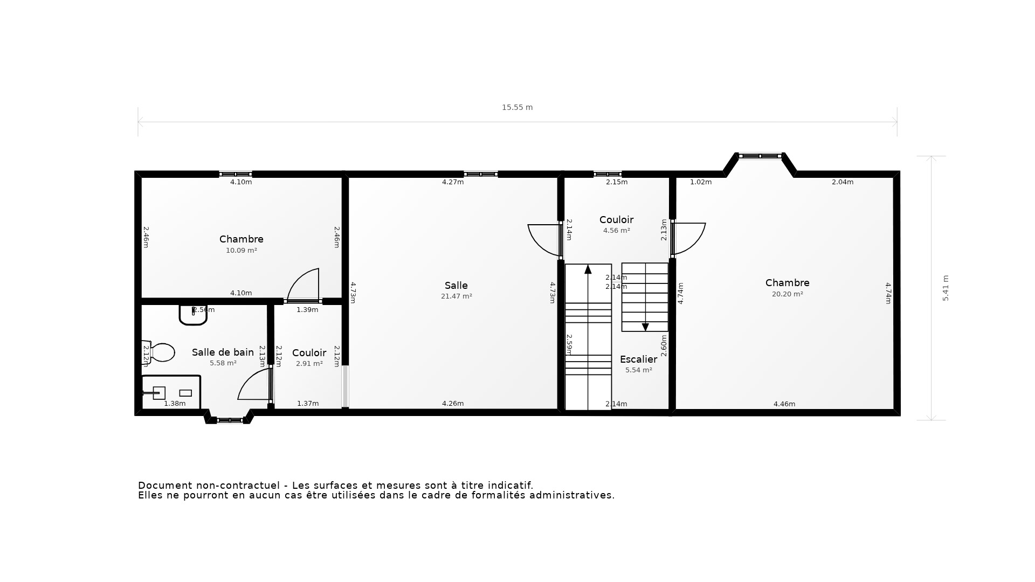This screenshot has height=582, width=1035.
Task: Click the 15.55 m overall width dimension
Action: (x=517, y=107)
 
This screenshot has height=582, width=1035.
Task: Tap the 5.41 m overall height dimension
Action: (x=946, y=288)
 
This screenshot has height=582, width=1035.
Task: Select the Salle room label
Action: (x=456, y=286)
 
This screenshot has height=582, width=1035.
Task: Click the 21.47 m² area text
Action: (x=456, y=296)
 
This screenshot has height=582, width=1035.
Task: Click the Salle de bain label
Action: (x=223, y=352)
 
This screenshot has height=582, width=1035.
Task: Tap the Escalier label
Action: (x=638, y=359)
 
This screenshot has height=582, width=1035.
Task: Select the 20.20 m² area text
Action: (x=787, y=294)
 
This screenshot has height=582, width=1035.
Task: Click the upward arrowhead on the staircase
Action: (x=588, y=269)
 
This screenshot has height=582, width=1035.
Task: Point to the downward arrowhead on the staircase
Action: (x=645, y=327)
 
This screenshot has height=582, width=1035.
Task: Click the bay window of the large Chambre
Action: (x=760, y=156)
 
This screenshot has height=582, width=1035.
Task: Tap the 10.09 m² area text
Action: (x=241, y=251)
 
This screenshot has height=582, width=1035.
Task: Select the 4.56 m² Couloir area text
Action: (x=616, y=231)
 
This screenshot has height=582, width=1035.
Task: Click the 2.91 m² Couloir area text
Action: (x=309, y=364)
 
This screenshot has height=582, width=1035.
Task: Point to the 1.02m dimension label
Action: (x=701, y=182)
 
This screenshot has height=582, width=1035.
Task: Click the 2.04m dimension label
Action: (x=842, y=182)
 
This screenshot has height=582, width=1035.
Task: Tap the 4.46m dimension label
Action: (x=784, y=404)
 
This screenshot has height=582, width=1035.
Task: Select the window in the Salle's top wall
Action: (x=480, y=174)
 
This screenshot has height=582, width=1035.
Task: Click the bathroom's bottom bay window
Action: (x=230, y=420)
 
